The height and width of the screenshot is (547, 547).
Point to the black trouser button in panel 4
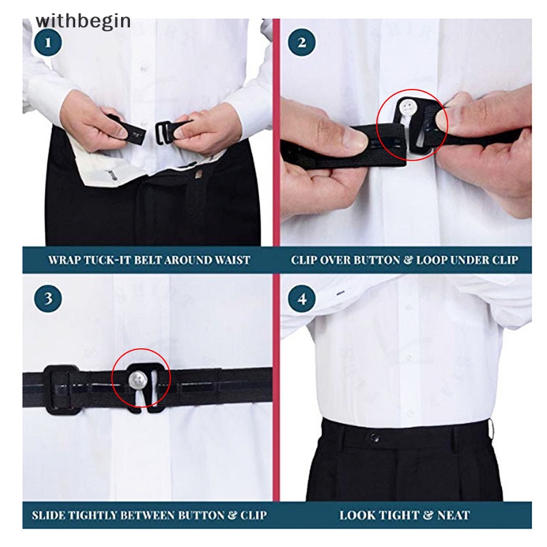click(375, 438)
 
